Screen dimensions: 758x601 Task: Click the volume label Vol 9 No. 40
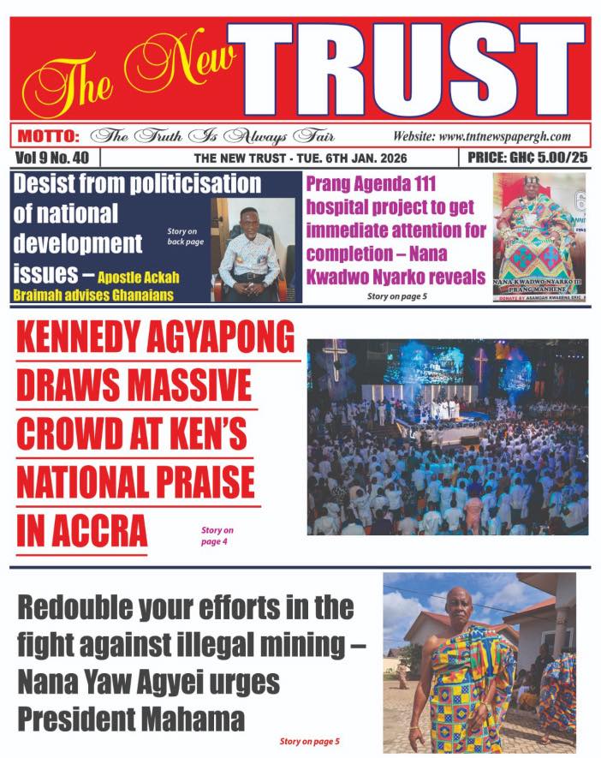click(53, 158)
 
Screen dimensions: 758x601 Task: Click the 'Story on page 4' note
click(217, 536)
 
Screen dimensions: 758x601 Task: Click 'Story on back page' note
click(183, 236)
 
